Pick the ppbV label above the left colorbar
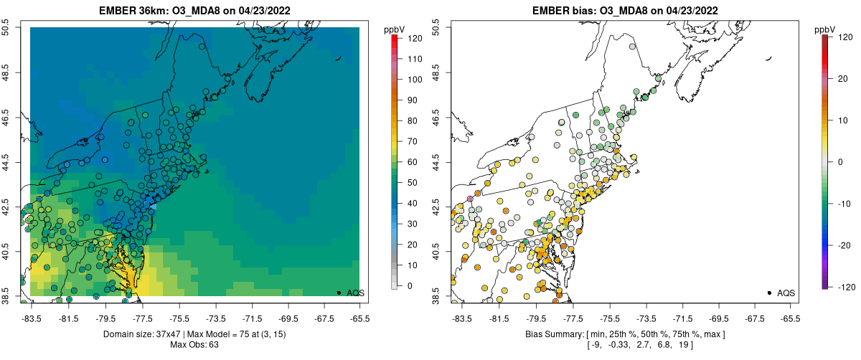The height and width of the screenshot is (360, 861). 395,29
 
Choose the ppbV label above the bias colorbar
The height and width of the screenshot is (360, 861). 825,29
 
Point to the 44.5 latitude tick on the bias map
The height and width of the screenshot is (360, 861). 437,162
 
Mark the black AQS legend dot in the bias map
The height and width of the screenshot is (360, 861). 768,293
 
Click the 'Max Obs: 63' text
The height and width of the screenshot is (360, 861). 194,345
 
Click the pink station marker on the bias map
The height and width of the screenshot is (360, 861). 470,199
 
